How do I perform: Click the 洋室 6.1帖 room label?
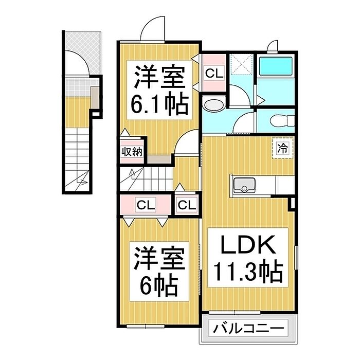[x=159, y=90]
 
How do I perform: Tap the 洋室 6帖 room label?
[x=159, y=272]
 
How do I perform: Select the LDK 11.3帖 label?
[x=248, y=258]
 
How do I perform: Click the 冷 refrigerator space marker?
[x=283, y=148]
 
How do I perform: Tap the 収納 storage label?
[x=132, y=152]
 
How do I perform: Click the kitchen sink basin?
[x=244, y=185]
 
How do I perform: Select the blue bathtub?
[x=276, y=65]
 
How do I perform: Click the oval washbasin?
[x=213, y=105]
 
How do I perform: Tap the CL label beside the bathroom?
[x=214, y=73]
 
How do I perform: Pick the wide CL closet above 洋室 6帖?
[x=146, y=205]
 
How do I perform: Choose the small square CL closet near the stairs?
[x=187, y=205]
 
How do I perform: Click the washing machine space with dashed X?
[x=242, y=64]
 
